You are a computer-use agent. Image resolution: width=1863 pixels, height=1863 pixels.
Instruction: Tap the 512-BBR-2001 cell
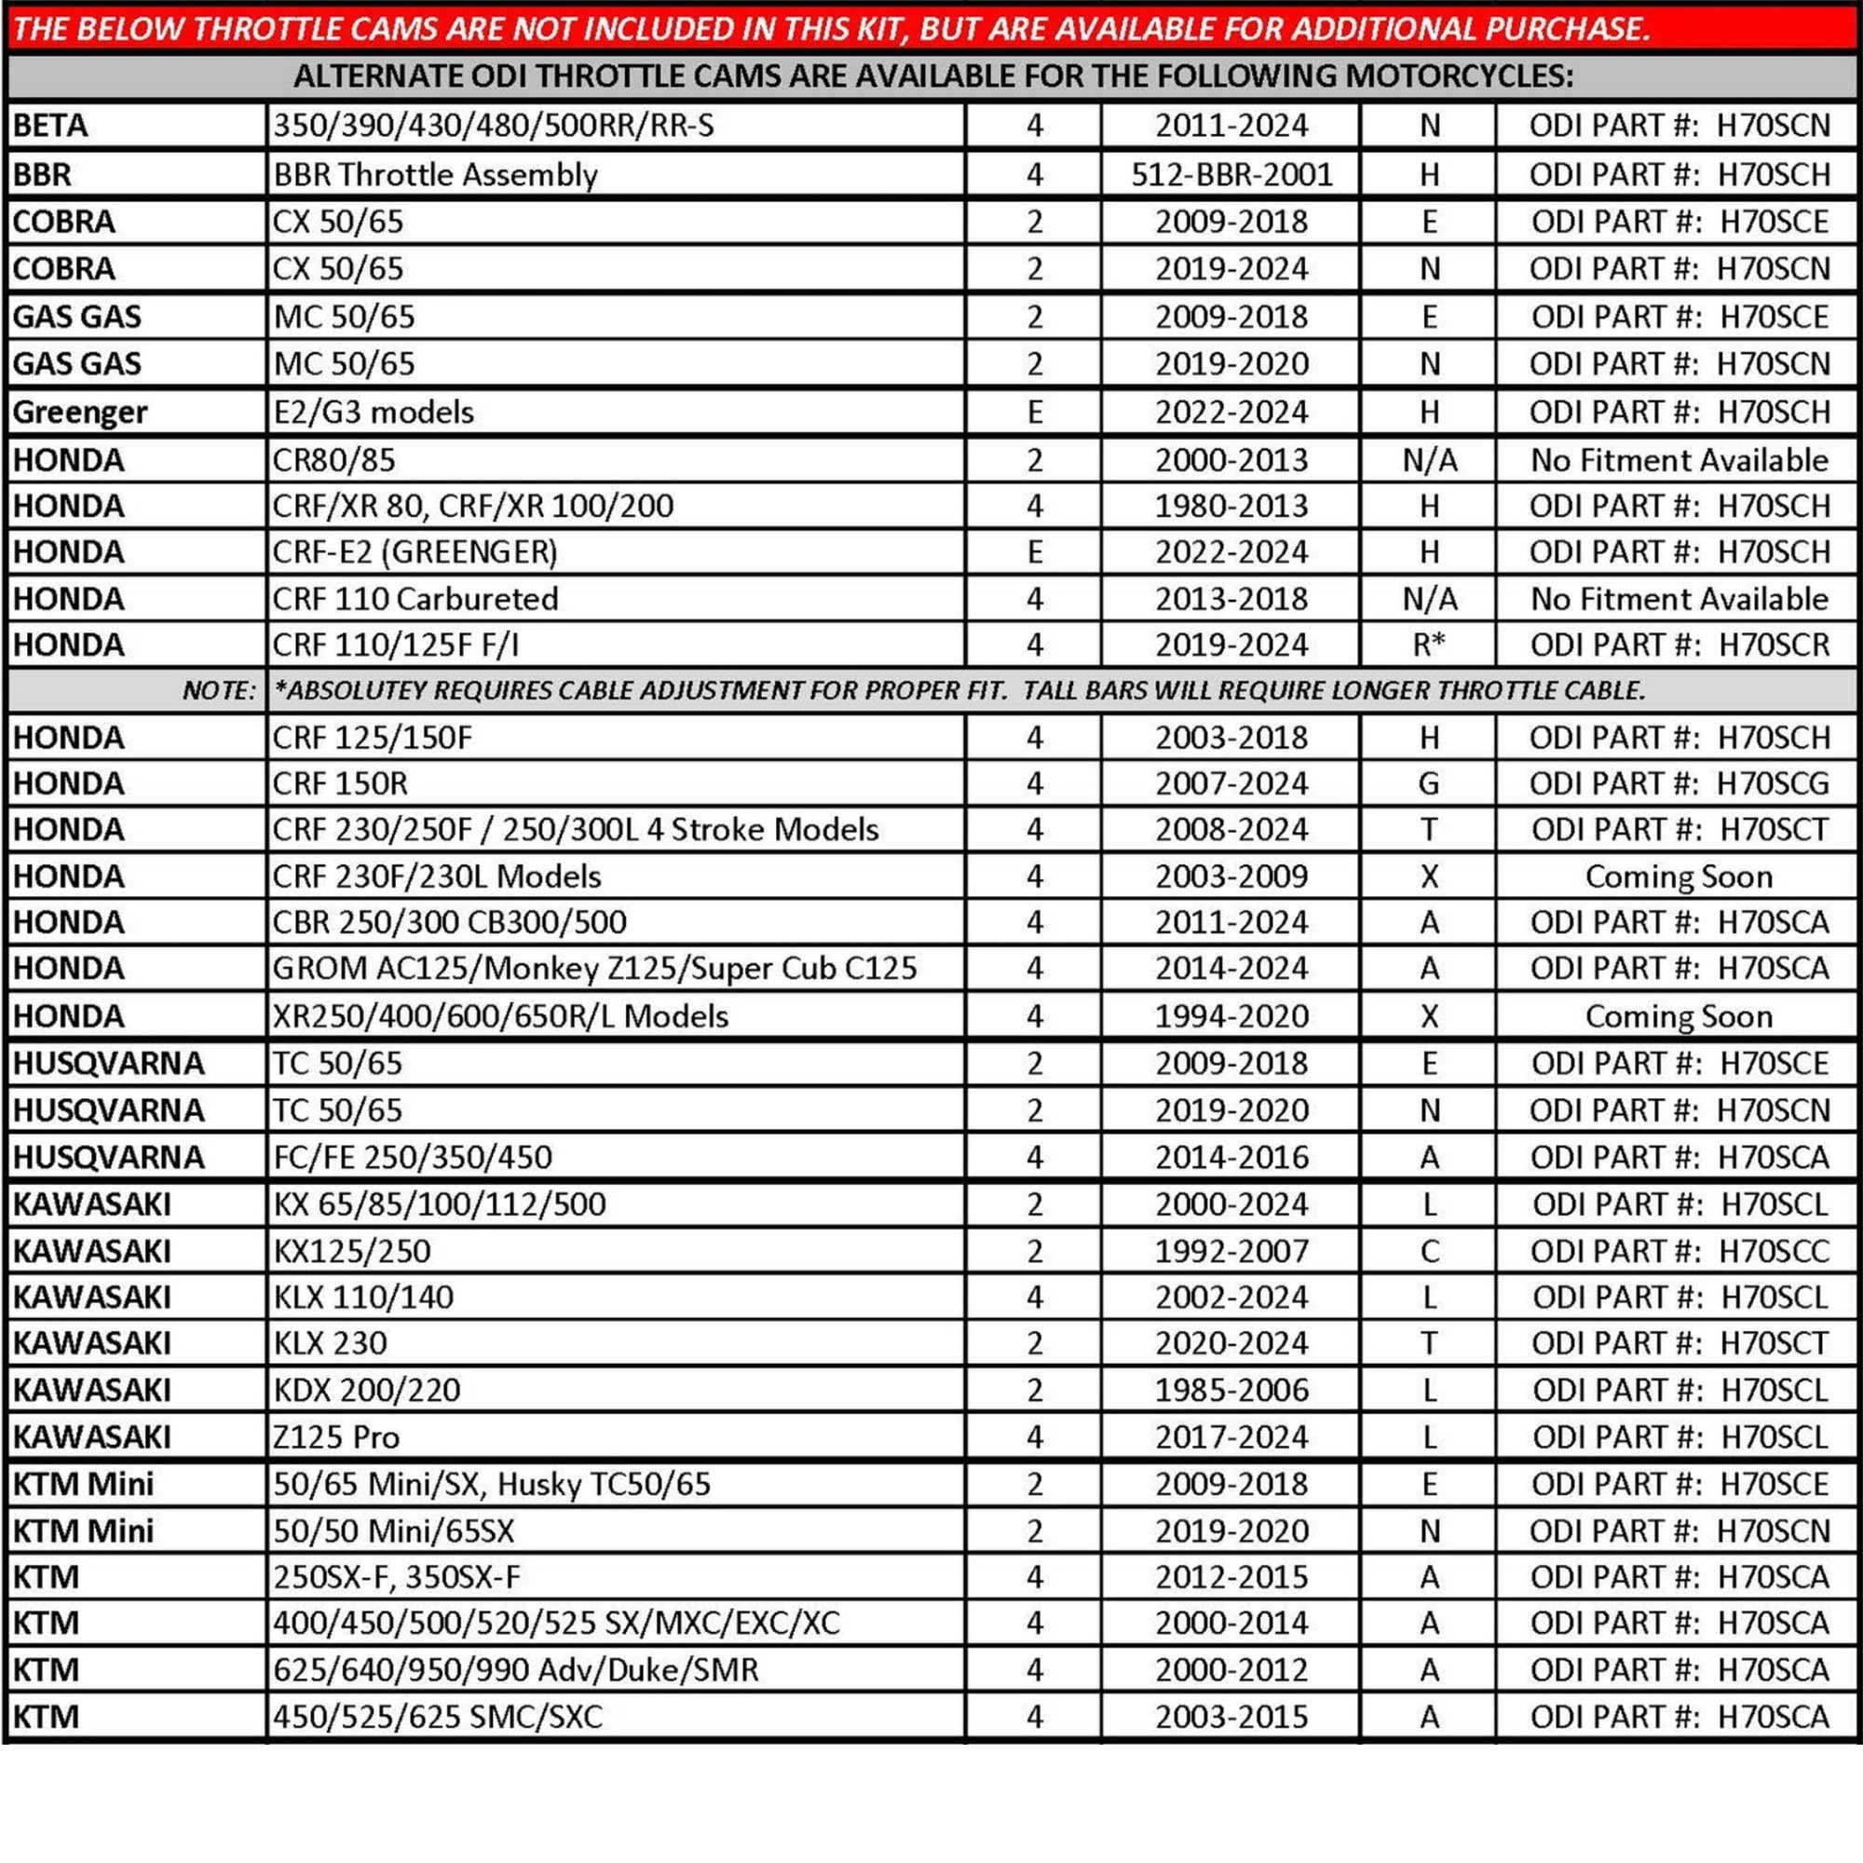1231,174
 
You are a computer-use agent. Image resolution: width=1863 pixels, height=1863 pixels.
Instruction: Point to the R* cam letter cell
1428,645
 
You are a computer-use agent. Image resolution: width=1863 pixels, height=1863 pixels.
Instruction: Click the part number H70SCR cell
1679,645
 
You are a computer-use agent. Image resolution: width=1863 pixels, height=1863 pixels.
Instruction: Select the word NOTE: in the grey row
220,690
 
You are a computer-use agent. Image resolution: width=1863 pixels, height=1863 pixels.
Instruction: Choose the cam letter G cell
1428,783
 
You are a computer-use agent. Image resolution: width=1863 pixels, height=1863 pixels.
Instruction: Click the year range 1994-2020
1231,1015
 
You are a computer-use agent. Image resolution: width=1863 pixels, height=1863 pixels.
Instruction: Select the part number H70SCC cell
1679,1251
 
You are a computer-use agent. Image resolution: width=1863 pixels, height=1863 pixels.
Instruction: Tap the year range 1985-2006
1231,1390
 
